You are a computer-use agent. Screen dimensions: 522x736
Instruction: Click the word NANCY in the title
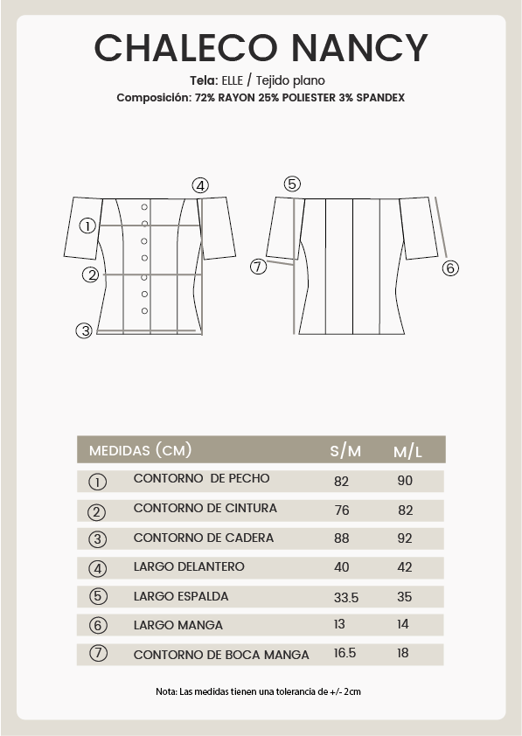pos(359,48)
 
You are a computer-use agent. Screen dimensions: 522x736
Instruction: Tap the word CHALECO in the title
pos(186,48)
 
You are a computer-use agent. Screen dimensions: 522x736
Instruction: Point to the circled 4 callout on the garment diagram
pos(200,186)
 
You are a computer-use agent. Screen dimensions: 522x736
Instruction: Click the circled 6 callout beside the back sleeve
pos(450,268)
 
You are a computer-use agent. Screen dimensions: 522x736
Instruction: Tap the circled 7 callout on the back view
pos(258,267)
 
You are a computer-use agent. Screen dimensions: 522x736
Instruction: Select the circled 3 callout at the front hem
pos(85,330)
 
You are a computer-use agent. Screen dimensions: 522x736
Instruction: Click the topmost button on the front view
pos(144,207)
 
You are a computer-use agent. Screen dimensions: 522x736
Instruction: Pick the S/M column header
pos(345,451)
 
